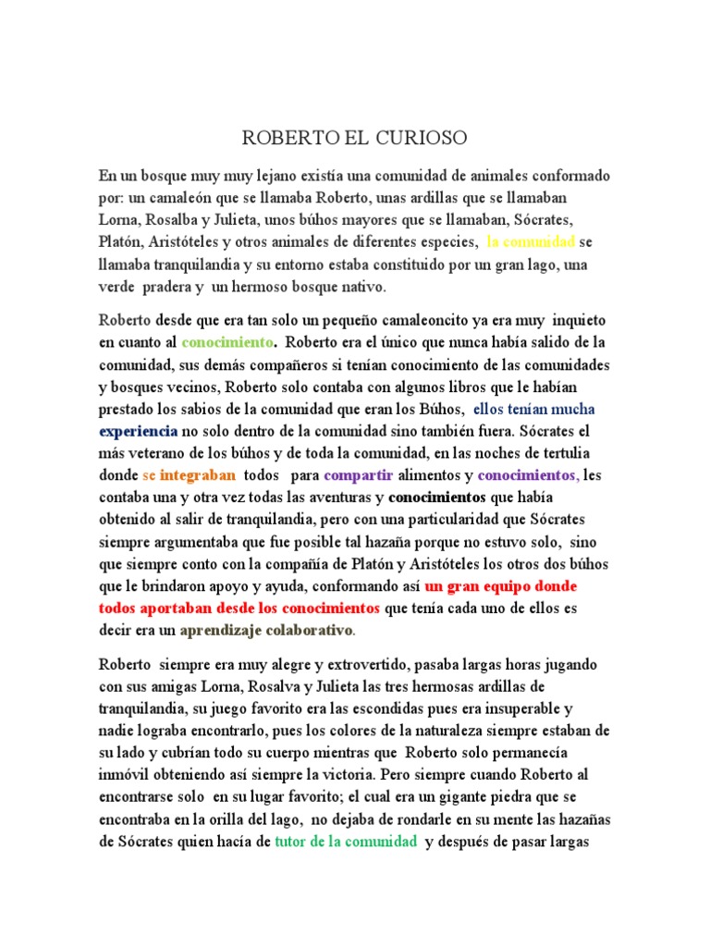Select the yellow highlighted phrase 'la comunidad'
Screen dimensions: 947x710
[531, 242]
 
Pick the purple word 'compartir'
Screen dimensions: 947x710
[359, 475]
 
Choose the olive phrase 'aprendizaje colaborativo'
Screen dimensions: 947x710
[267, 631]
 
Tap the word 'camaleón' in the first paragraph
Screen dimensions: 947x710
[184, 198]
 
